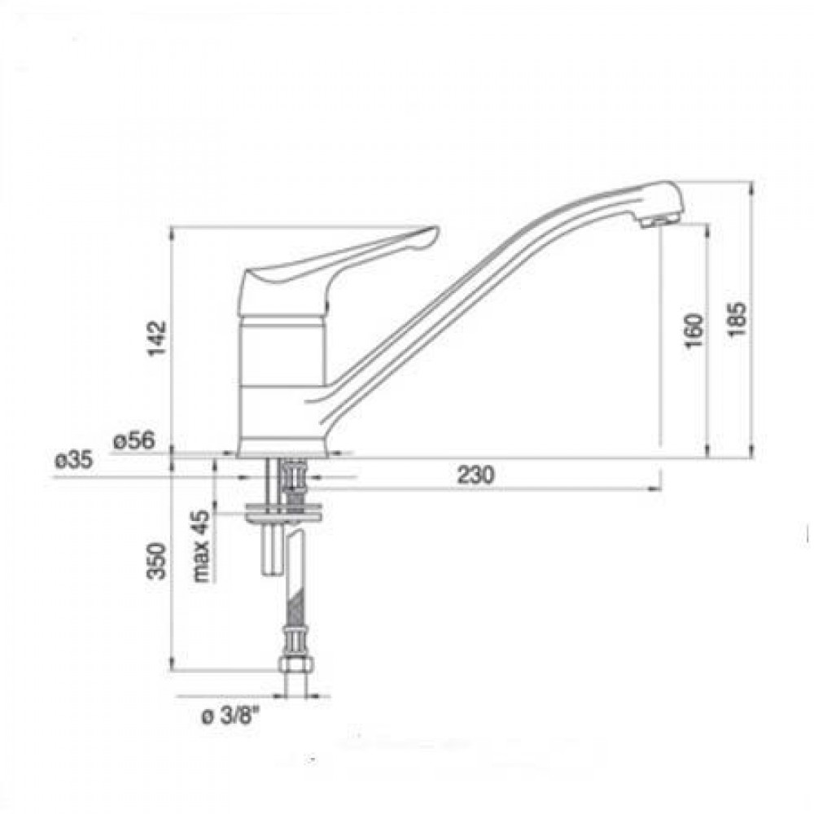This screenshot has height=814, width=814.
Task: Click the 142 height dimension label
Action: pyautogui.click(x=157, y=339)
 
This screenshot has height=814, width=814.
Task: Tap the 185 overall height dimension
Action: pyautogui.click(x=737, y=319)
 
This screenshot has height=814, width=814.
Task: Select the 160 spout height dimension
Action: pyautogui.click(x=694, y=331)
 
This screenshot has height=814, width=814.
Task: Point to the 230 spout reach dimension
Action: pyautogui.click(x=476, y=475)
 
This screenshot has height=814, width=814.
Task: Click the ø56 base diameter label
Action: pyautogui.click(x=134, y=440)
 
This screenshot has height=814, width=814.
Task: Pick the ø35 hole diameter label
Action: pyautogui.click(x=74, y=461)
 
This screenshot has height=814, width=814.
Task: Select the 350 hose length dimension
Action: pyautogui.click(x=157, y=561)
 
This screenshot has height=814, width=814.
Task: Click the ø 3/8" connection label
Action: pyautogui.click(x=230, y=717)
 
